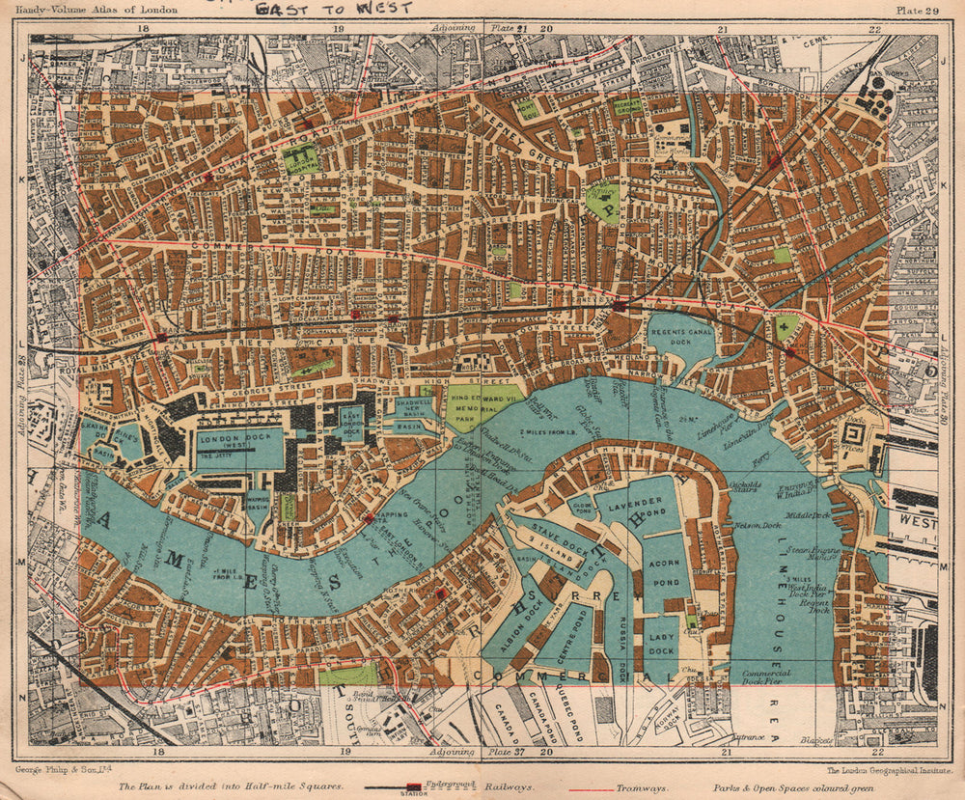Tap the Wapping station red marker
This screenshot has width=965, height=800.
tap(369, 518)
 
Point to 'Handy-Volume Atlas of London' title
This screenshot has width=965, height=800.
tap(78, 11)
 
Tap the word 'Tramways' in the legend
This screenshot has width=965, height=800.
tap(649, 787)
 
